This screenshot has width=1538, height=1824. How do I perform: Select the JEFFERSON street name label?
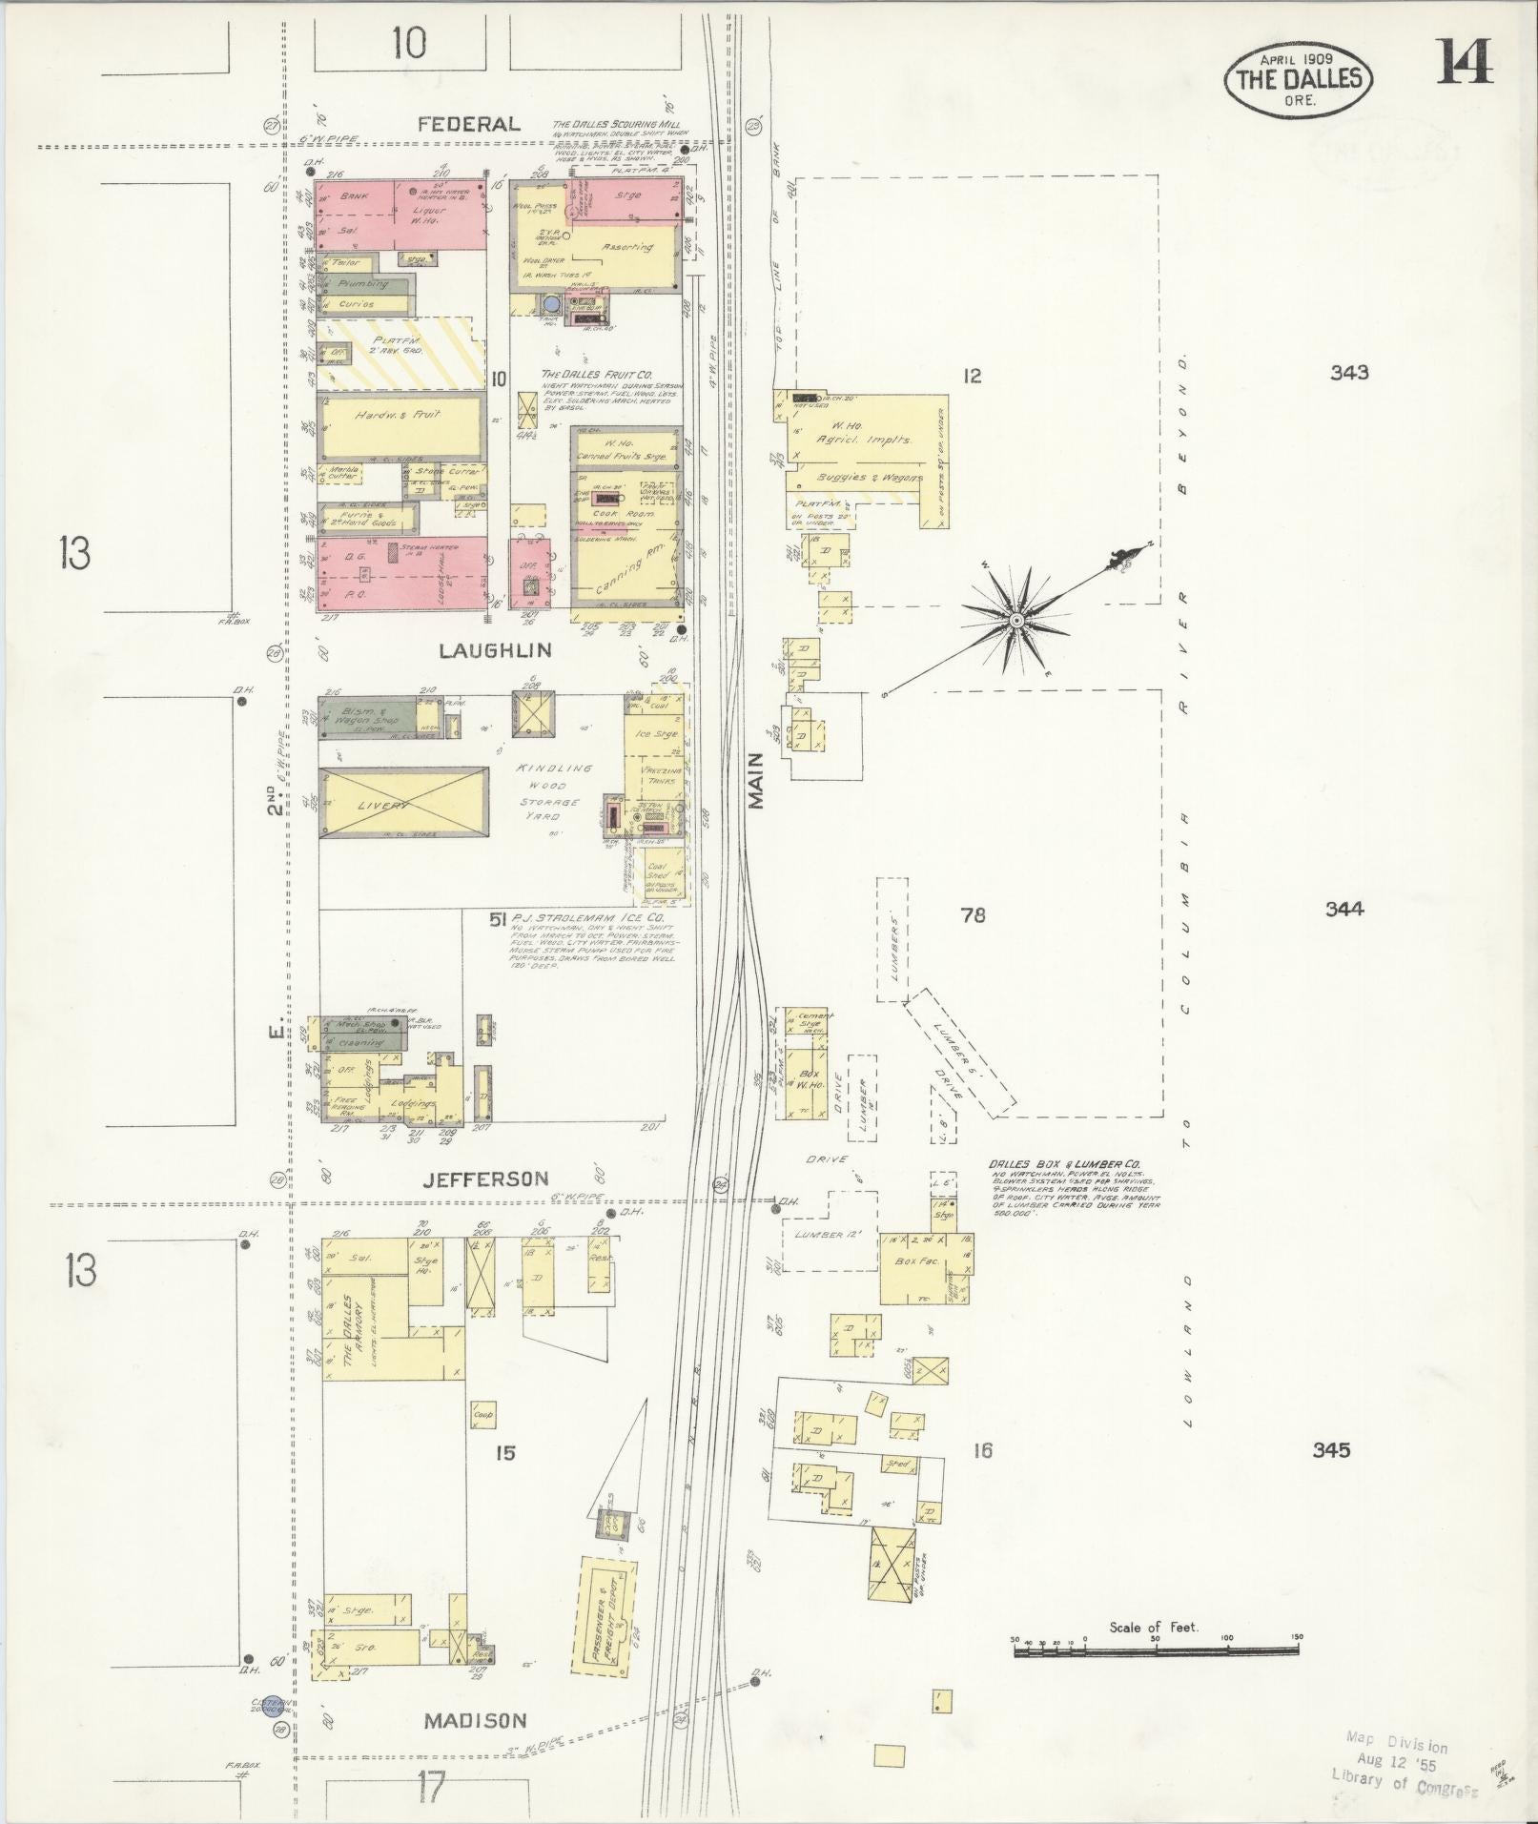coord(487,1178)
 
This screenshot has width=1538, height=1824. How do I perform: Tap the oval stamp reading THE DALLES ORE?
coord(1298,79)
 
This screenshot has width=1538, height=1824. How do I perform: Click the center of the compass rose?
coord(1016,621)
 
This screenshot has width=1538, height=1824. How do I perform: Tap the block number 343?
coord(1350,372)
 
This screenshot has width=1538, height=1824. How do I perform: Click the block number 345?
coord(1330,1476)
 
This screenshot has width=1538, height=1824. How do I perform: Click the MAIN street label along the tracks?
coord(757,781)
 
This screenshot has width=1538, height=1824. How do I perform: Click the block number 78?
coord(973,915)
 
